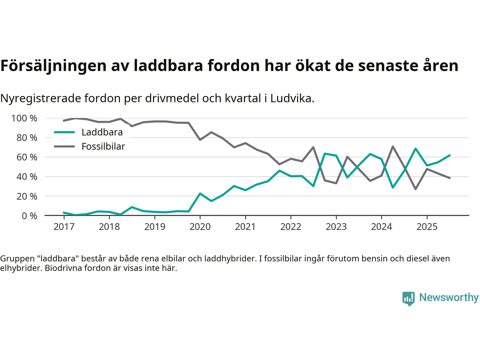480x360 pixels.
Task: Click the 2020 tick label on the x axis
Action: [200, 227]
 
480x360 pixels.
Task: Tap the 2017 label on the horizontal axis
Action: [64, 227]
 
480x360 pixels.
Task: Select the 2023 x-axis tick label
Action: [336, 227]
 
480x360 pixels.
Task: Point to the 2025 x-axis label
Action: [427, 227]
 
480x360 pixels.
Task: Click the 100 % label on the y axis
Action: [24, 118]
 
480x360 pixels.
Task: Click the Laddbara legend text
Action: [102, 132]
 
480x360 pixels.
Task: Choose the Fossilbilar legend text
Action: [103, 147]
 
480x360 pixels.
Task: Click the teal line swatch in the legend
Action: [64, 132]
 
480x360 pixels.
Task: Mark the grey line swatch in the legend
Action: [64, 146]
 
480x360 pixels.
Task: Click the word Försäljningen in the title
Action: [53, 66]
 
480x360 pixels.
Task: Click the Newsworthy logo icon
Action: [408, 298]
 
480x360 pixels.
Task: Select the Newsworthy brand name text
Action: [448, 298]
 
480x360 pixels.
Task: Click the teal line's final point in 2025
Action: [450, 155]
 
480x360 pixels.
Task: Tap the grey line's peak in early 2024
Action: [393, 147]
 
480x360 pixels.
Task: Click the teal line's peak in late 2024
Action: [415, 148]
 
